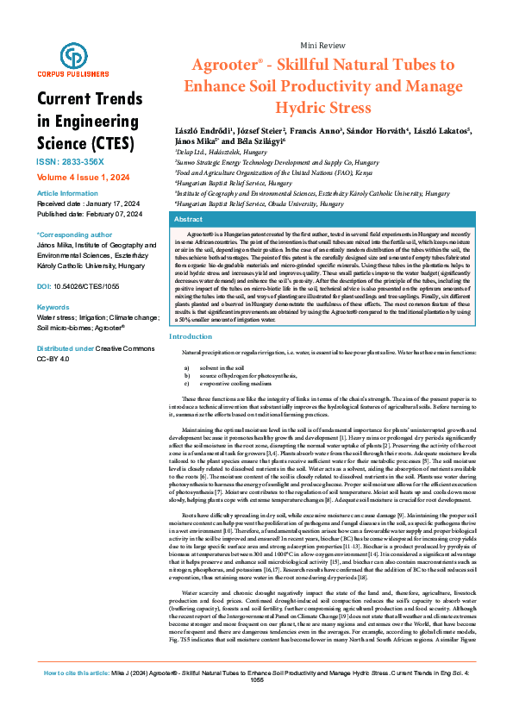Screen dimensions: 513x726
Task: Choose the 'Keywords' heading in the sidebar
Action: coord(53,307)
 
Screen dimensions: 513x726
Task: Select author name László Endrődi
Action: coord(195,129)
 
